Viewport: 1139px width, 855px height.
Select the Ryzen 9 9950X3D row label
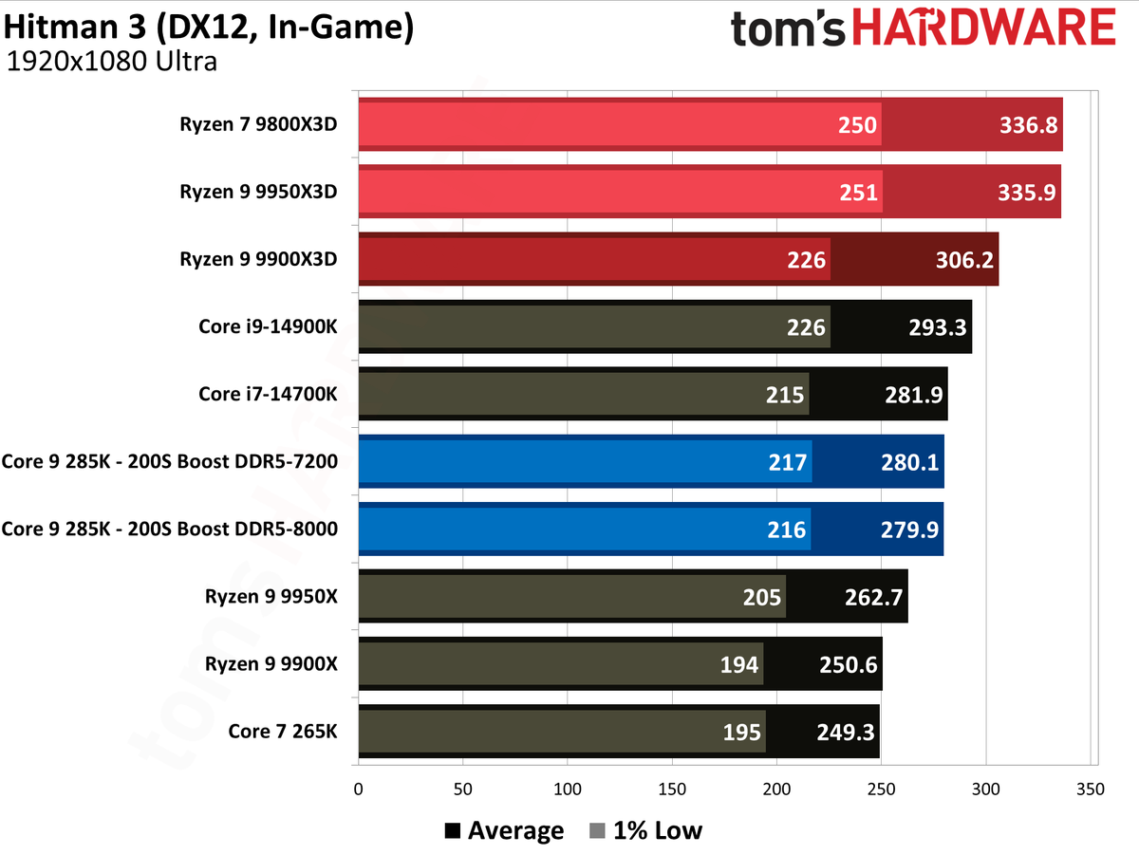click(258, 192)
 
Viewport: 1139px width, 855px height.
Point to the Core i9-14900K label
click(268, 326)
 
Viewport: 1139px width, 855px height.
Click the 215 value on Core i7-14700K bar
click(784, 394)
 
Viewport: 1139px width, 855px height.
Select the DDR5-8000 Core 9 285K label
click(170, 530)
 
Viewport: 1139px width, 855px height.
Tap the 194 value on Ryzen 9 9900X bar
click(738, 665)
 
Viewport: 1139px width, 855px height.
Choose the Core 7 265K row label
click(283, 732)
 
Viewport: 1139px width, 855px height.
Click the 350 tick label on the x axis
click(1091, 789)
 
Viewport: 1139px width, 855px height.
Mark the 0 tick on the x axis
click(358, 789)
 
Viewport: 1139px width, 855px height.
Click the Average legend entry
click(504, 831)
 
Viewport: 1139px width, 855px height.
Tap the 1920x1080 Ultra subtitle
click(112, 63)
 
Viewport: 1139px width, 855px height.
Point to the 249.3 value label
click(845, 733)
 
